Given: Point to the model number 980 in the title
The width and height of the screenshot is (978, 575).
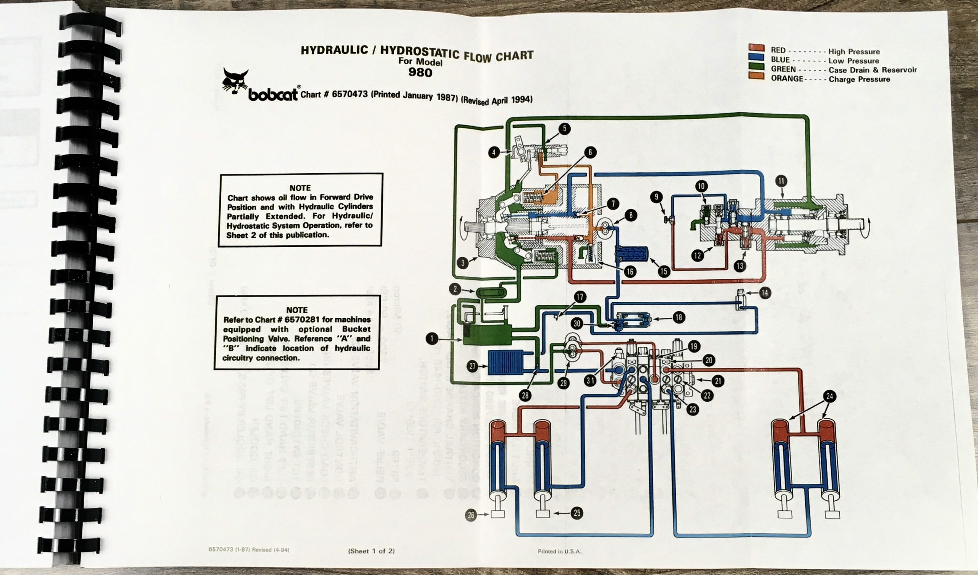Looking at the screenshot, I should [420, 72].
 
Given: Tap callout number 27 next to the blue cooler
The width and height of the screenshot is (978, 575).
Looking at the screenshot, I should [472, 366].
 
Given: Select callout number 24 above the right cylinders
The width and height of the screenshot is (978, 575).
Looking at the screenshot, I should [829, 396].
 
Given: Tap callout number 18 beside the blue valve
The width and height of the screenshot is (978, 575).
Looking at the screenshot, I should [679, 317].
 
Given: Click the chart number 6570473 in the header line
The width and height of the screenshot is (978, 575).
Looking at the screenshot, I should [350, 95].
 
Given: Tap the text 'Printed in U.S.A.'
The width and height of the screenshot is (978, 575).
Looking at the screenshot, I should [559, 551].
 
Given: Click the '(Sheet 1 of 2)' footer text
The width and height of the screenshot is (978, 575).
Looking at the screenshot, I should [371, 551].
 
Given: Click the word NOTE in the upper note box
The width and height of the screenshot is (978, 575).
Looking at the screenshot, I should [300, 188].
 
